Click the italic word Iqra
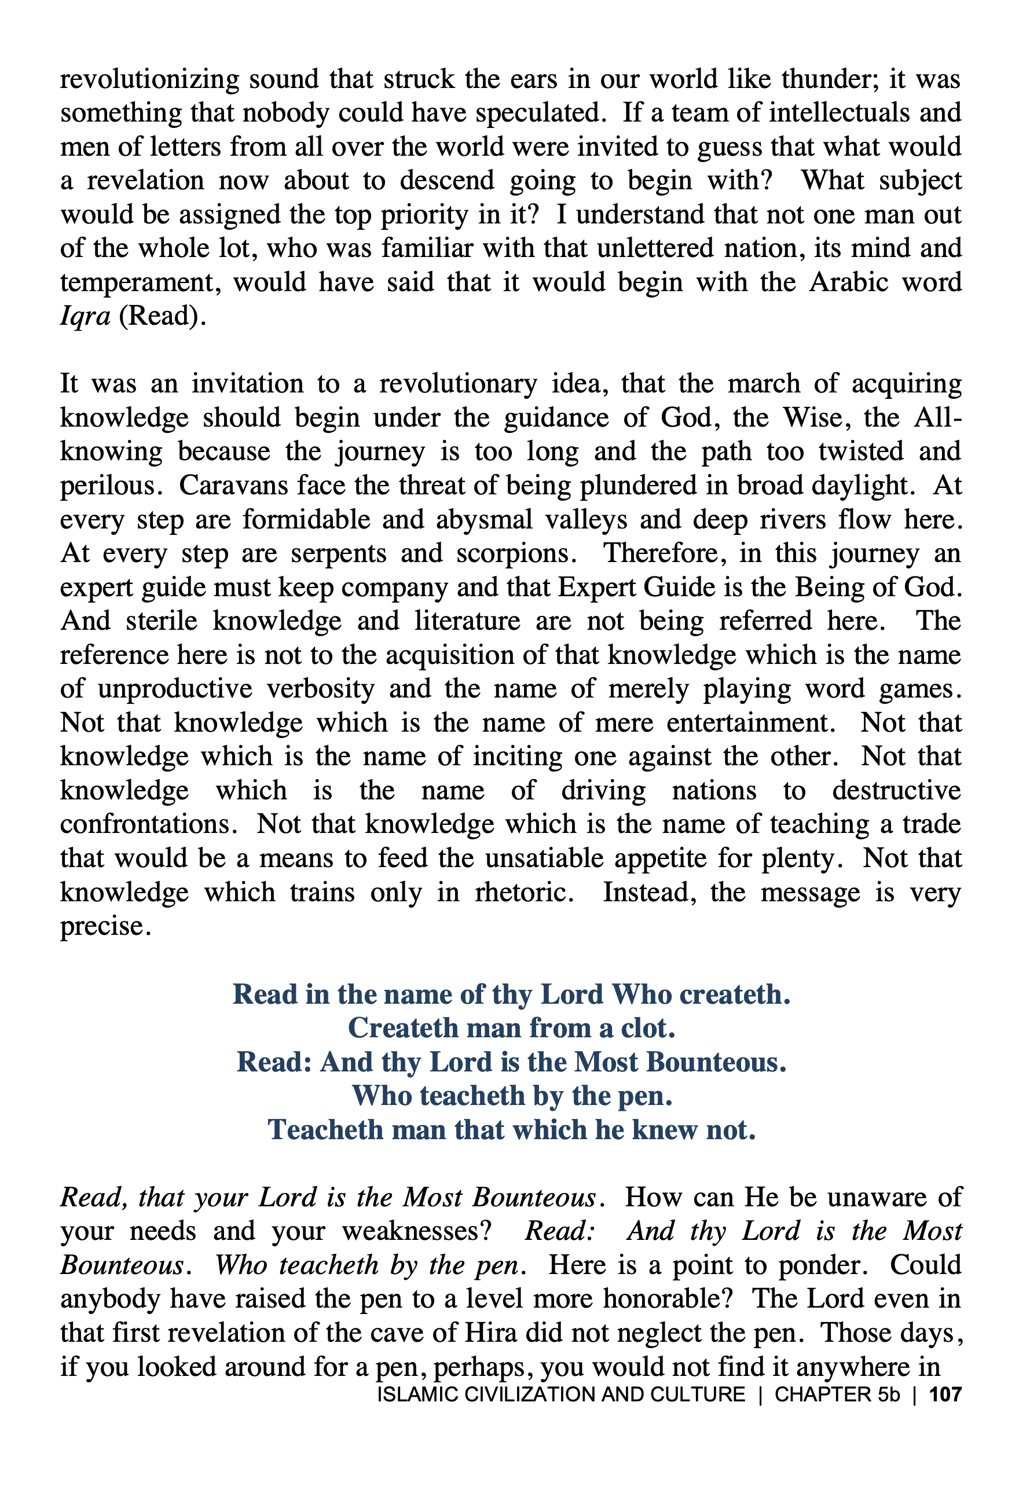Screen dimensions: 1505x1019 pyautogui.click(x=85, y=317)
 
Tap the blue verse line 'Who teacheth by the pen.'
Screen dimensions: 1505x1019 pyautogui.click(x=511, y=1096)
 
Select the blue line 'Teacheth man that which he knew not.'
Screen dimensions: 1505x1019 pyautogui.click(x=511, y=1129)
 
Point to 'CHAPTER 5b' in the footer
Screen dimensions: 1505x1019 pyautogui.click(x=837, y=1394)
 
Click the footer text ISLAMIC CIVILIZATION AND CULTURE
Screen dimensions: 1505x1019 pyautogui.click(x=561, y=1394)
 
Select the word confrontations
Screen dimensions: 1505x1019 pyautogui.click(x=149, y=824)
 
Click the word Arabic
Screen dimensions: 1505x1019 pyautogui.click(x=846, y=283)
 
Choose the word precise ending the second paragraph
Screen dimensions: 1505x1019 pyautogui.click(x=102, y=927)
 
